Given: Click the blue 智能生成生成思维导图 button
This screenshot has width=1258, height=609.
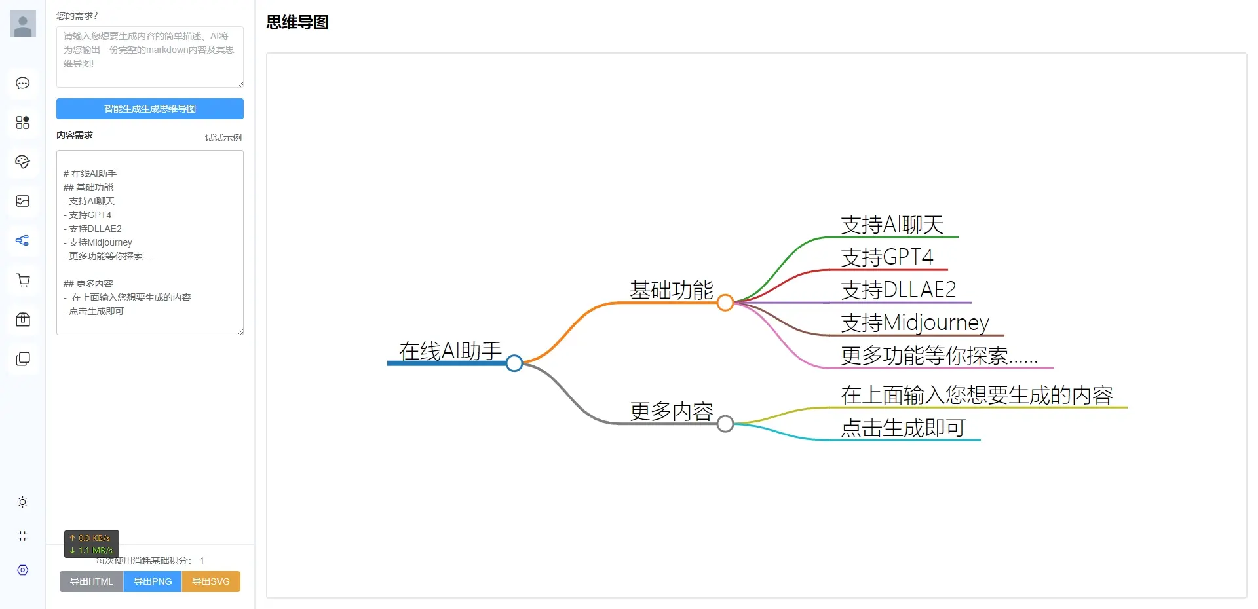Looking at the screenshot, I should [x=149, y=109].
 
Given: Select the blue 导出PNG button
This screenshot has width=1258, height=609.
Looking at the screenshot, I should [x=153, y=581].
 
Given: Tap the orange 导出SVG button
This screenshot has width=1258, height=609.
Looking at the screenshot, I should [x=211, y=581].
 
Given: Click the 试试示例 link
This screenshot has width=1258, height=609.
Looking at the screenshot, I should [x=223, y=138].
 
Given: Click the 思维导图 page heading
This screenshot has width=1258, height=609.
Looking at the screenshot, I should [x=297, y=22].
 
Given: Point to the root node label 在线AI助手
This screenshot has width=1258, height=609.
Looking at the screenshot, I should [x=450, y=351].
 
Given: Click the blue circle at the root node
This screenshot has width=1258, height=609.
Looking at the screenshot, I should [x=514, y=363].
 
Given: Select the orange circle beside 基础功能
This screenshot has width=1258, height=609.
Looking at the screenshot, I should [x=725, y=303].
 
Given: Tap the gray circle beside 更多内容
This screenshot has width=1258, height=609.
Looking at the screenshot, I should [x=725, y=424].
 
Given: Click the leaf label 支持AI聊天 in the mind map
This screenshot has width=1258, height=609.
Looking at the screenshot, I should [x=892, y=225].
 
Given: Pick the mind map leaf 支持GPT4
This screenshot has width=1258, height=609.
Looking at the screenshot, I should [x=886, y=257].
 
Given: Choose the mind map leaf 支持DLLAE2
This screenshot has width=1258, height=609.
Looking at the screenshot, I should [x=898, y=290].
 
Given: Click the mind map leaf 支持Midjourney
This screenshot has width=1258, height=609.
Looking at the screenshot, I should [x=915, y=323].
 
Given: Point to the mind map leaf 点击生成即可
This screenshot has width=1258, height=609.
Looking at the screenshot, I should [x=903, y=428].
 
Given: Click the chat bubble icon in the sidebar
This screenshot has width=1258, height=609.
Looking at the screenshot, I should [x=23, y=83].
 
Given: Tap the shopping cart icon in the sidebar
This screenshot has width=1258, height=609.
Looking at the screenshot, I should [x=23, y=280].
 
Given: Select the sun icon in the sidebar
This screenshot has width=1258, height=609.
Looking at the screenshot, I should [x=23, y=502].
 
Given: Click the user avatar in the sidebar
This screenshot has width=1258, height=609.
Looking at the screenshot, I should [x=23, y=24].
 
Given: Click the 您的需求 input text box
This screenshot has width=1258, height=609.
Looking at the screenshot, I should [x=149, y=57].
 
